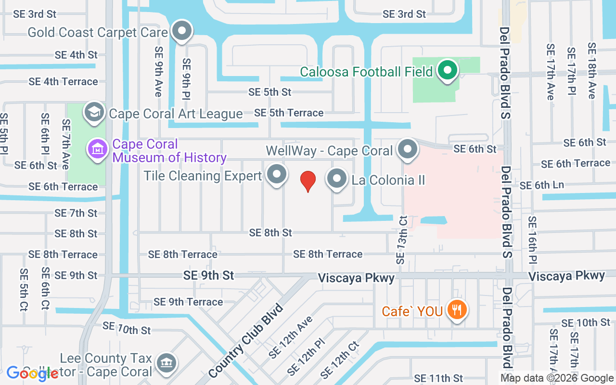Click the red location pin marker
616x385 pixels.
click(308, 181)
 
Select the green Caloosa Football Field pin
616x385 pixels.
click(448, 71)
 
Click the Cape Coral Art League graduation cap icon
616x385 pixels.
click(94, 113)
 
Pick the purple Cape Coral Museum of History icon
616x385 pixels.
click(98, 149)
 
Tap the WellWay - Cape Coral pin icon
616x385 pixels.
click(408, 150)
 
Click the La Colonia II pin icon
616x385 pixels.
click(337, 179)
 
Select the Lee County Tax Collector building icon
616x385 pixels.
click(166, 361)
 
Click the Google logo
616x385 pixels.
click(33, 373)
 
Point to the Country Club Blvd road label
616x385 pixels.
click(245, 340)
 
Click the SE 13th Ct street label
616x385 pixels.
click(402, 240)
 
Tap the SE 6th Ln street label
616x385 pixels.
click(542, 185)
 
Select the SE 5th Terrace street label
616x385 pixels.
click(289, 113)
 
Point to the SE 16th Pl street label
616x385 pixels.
click(532, 240)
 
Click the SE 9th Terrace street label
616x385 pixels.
click(188, 302)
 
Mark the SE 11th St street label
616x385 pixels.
click(438, 378)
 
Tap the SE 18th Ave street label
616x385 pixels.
click(591, 71)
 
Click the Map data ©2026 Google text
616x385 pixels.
click(557, 378)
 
